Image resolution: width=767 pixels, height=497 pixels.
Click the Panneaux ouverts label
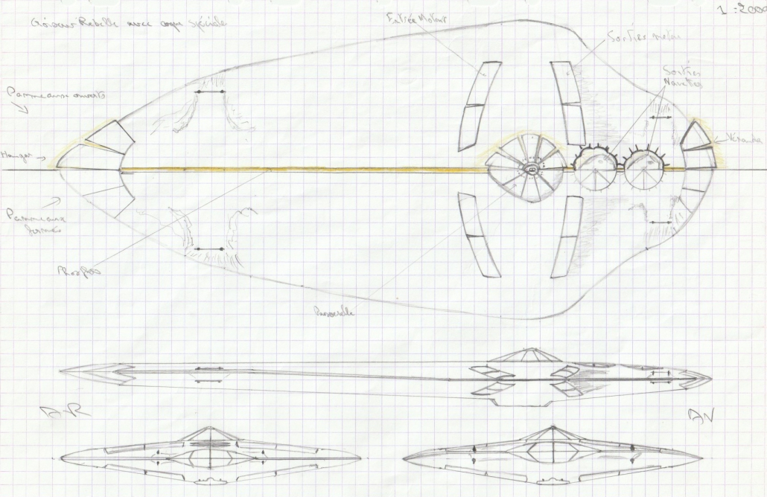click(x=57, y=95)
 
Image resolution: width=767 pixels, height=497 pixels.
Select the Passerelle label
click(x=333, y=313)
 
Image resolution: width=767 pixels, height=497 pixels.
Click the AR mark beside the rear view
click(x=75, y=411)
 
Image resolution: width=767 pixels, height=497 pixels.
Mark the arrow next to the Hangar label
click(x=41, y=157)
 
